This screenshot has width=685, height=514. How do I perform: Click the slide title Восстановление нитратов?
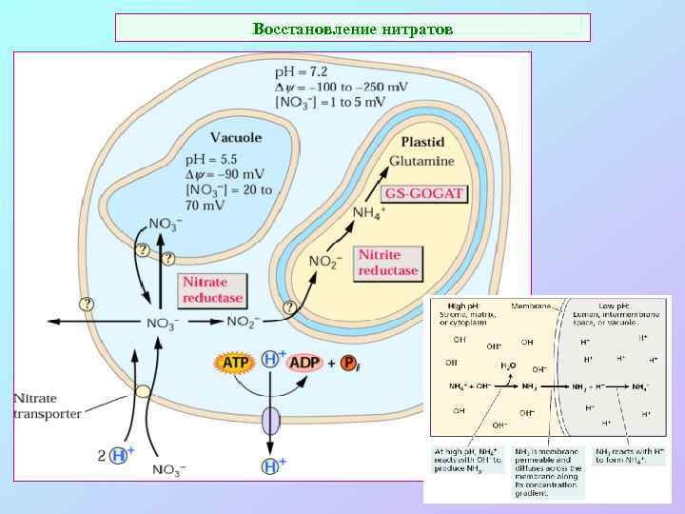point(353,29)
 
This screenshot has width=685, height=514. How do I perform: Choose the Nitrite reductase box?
point(387,263)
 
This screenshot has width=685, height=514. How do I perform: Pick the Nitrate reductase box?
point(213,288)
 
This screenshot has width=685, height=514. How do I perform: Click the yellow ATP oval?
point(234,363)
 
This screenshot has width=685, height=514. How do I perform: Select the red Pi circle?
point(349,363)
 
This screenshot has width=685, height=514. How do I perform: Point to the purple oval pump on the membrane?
point(272,420)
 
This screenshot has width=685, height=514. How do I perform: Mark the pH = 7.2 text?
point(303,71)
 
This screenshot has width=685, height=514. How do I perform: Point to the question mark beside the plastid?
point(291,306)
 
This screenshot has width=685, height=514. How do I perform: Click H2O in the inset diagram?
point(510,365)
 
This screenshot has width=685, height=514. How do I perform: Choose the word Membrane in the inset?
point(531,306)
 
